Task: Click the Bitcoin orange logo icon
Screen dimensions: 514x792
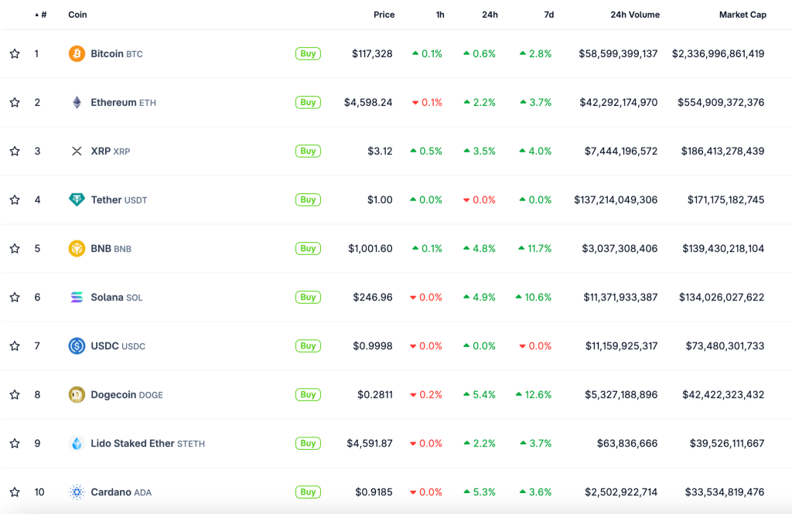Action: click(x=77, y=54)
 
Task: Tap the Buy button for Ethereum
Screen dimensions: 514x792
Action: click(x=308, y=103)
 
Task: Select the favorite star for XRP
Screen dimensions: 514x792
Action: click(x=15, y=151)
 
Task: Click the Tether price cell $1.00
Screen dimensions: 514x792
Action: click(x=380, y=200)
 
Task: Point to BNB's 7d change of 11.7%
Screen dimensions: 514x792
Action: click(x=535, y=249)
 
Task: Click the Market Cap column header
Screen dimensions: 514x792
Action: click(x=742, y=15)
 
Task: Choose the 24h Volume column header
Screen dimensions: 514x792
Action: click(x=634, y=15)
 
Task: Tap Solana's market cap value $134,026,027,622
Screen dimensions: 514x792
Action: click(x=722, y=298)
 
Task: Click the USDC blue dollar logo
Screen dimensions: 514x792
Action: click(x=77, y=346)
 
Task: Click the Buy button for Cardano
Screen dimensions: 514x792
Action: click(x=308, y=492)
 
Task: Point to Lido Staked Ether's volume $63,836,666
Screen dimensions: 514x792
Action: click(x=627, y=444)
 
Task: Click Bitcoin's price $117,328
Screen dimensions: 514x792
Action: click(x=372, y=54)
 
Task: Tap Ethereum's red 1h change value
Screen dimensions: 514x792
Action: click(x=428, y=103)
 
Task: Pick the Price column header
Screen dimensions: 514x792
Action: click(x=384, y=15)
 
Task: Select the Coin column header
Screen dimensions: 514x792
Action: click(x=77, y=15)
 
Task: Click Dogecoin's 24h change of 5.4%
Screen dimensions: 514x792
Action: click(x=480, y=395)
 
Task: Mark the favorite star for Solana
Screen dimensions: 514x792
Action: click(x=15, y=298)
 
